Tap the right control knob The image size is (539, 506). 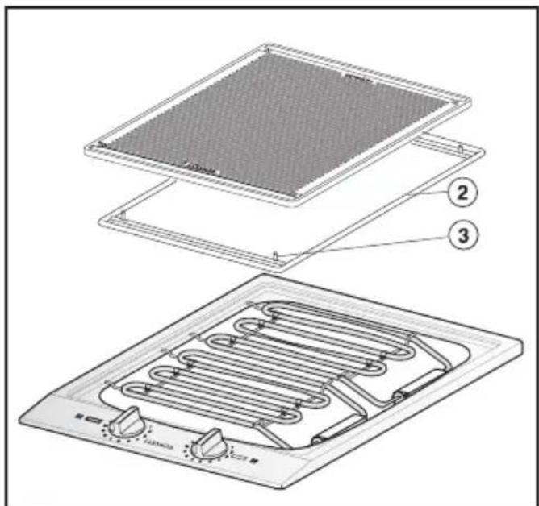click(x=211, y=442)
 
